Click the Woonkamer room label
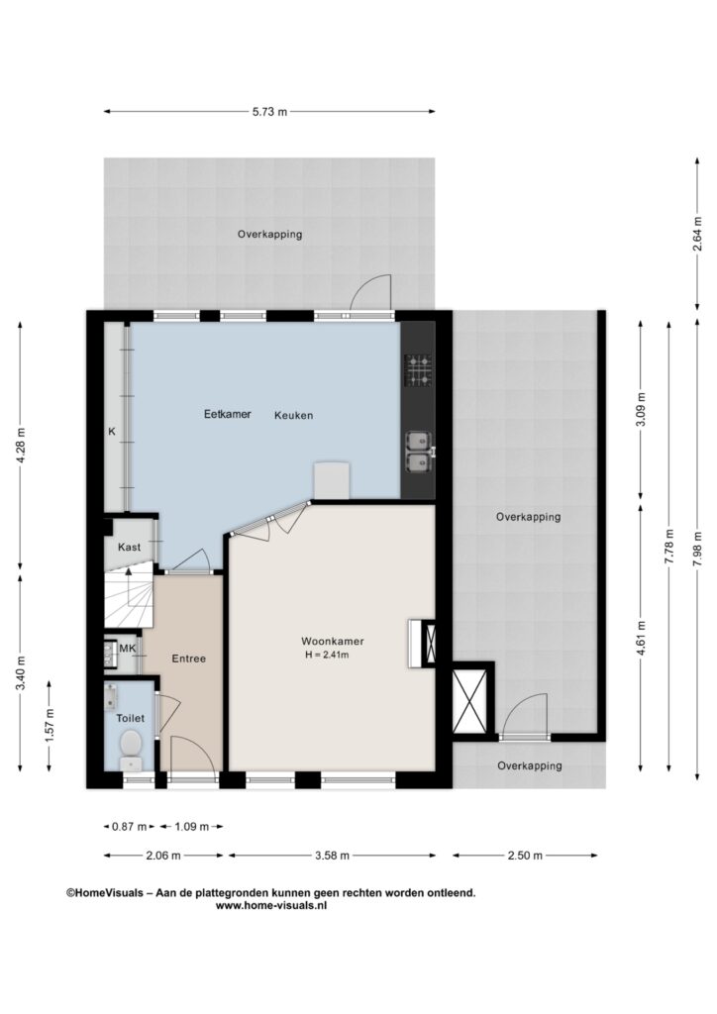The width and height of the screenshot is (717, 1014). pyautogui.click(x=333, y=642)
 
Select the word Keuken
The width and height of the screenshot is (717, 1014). pyautogui.click(x=293, y=415)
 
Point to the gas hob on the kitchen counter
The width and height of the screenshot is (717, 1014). pyautogui.click(x=418, y=370)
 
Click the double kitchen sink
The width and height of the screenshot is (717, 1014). pyautogui.click(x=419, y=452)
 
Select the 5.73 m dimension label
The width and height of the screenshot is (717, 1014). pyautogui.click(x=269, y=111)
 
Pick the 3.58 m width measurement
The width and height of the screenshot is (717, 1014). pyautogui.click(x=332, y=856)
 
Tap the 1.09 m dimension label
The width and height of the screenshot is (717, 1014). pyautogui.click(x=191, y=827)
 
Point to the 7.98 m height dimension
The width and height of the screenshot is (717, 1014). pyautogui.click(x=696, y=549)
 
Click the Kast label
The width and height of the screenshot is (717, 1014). pyautogui.click(x=130, y=547)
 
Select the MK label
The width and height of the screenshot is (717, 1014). pyautogui.click(x=128, y=648)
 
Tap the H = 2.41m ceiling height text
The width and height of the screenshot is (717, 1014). pyautogui.click(x=327, y=655)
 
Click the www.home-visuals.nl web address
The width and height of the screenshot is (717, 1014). pyautogui.click(x=271, y=906)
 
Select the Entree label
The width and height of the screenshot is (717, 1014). pyautogui.click(x=189, y=659)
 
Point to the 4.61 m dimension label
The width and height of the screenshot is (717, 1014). pyautogui.click(x=641, y=638)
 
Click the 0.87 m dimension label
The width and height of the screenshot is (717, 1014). pyautogui.click(x=130, y=827)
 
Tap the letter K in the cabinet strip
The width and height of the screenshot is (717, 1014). pyautogui.click(x=112, y=432)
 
